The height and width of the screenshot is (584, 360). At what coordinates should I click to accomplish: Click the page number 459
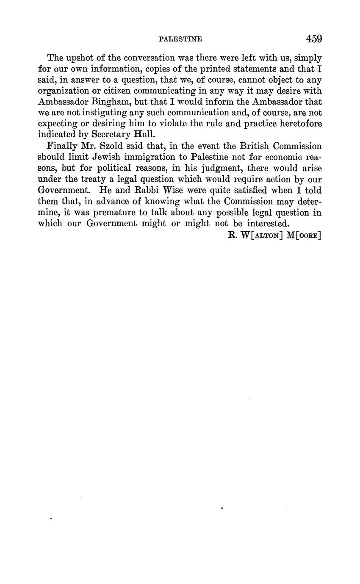click(314, 39)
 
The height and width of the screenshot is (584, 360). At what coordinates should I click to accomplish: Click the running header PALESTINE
click(180, 39)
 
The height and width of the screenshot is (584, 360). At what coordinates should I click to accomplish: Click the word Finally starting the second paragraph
click(62, 146)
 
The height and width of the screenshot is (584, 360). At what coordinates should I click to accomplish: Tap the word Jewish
click(107, 157)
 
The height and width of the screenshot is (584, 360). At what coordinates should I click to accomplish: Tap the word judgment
click(218, 168)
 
